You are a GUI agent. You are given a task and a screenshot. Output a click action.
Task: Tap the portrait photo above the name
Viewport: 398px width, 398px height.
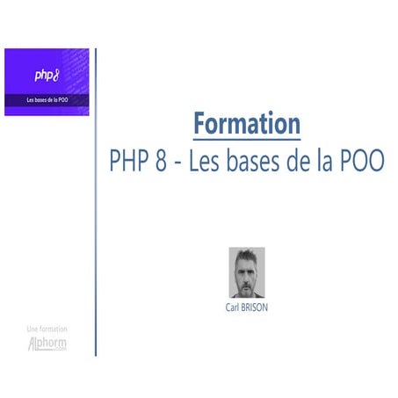coord(246,272)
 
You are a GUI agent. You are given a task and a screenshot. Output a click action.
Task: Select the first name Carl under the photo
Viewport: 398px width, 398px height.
coord(234,308)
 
